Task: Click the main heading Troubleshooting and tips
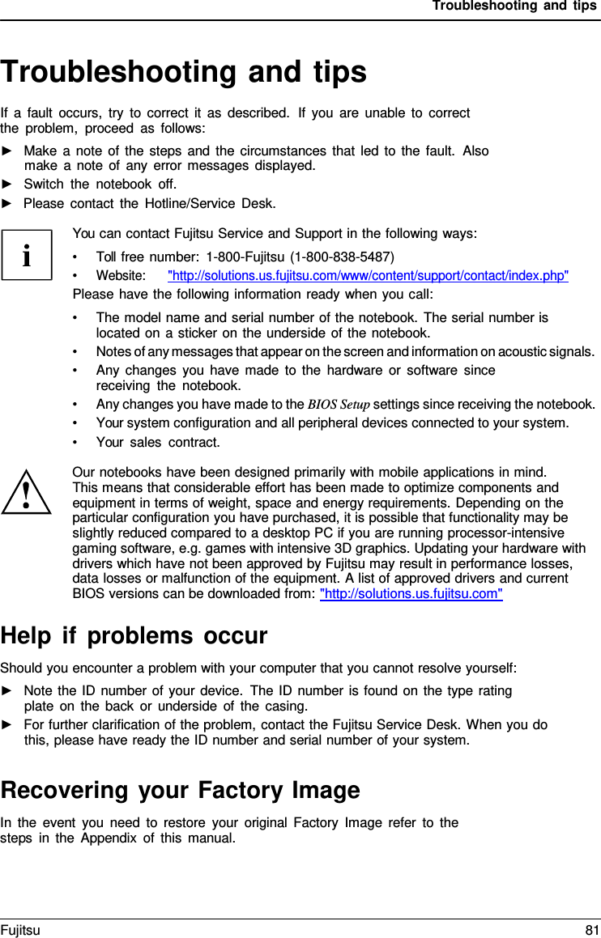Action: tap(184, 72)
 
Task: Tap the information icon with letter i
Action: tap(27, 255)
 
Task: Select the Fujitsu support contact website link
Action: tap(368, 276)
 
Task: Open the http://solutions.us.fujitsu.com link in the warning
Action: tap(411, 595)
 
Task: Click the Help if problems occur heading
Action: tap(134, 636)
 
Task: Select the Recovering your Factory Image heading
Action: tap(181, 789)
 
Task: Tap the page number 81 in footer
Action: tap(591, 931)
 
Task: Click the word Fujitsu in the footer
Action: tap(20, 931)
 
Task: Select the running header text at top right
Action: tap(514, 6)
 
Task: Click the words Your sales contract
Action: tap(158, 443)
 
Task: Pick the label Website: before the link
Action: tap(121, 276)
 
